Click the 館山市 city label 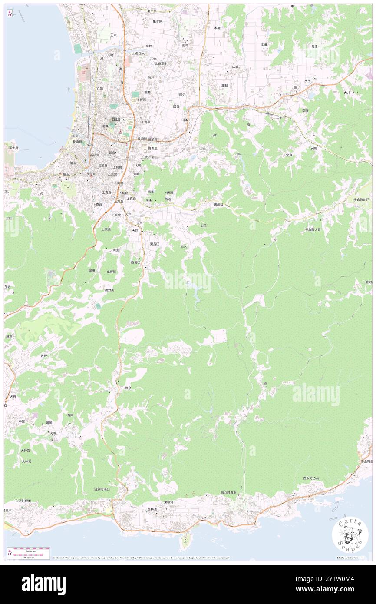click(x=118, y=119)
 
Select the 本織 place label click(x=217, y=28)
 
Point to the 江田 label click(x=264, y=44)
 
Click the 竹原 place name click(x=314, y=46)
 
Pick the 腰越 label click(x=224, y=86)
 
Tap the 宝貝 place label click(x=289, y=155)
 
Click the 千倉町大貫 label click(x=313, y=229)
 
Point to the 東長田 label click(x=155, y=244)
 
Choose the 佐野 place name click(x=43, y=355)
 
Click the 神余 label click(x=128, y=388)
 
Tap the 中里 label click(x=22, y=421)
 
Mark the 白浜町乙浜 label click(x=311, y=478)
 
